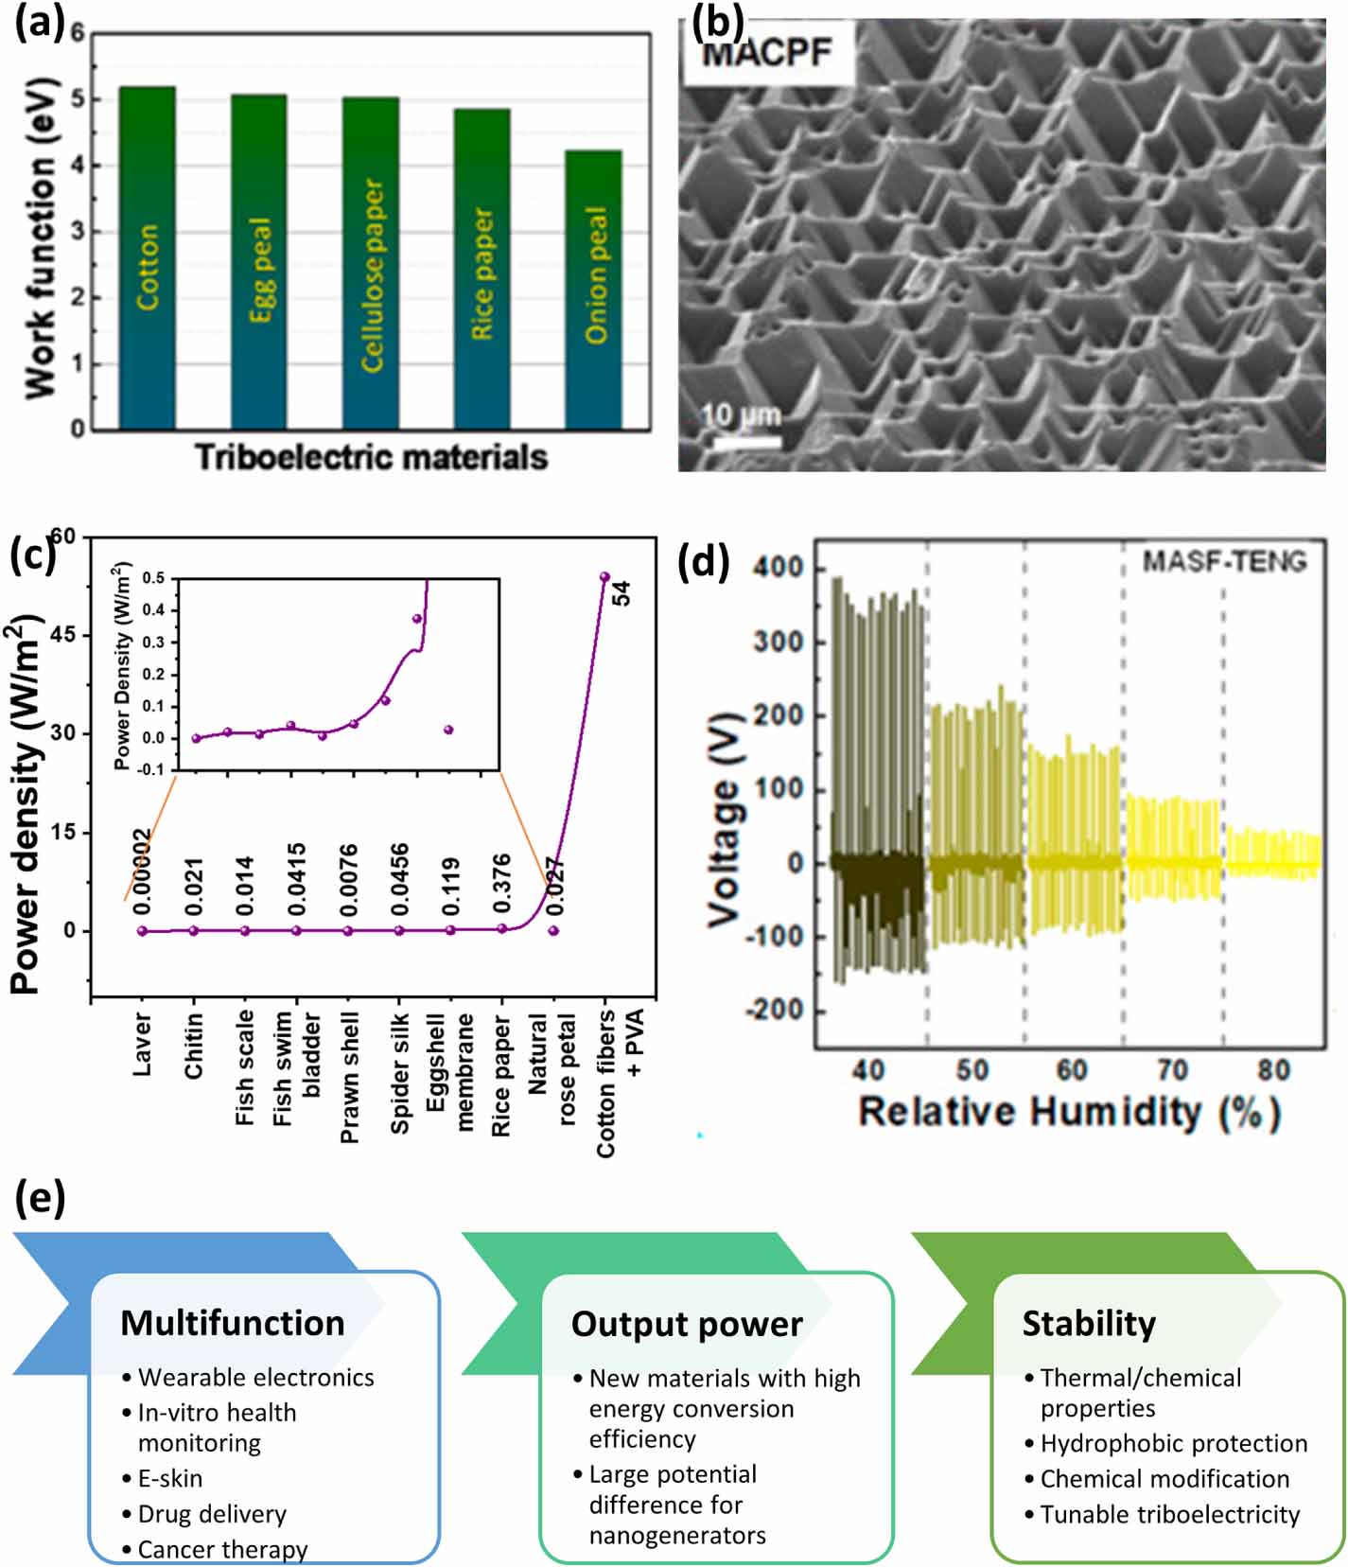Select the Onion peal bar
coord(593,289)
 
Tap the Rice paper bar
coord(481,270)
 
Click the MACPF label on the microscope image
coord(766,53)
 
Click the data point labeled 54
coord(604,576)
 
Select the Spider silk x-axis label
coord(400,1073)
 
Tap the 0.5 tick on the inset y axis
coord(153,578)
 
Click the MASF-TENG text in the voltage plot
coord(1224,562)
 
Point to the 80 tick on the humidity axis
coord(1273,1070)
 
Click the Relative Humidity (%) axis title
coord(1069,1111)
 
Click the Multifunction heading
coord(233,1323)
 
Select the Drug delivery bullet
coord(212,1514)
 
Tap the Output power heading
coord(687,1324)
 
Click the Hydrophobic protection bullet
coord(1173,1443)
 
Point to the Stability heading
coord(1089,1323)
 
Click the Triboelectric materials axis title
coord(372,458)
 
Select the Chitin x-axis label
coord(194,1045)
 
